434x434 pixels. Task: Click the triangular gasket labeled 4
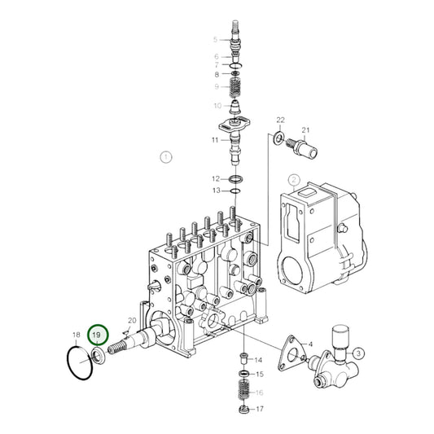click(290, 348)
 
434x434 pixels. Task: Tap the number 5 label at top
click(216, 39)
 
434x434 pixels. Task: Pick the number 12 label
click(216, 178)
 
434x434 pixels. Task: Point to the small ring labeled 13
click(235, 191)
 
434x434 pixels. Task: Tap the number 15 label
click(260, 375)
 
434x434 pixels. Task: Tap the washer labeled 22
click(280, 140)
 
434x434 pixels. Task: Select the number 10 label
click(217, 105)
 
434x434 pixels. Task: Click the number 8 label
click(217, 75)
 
